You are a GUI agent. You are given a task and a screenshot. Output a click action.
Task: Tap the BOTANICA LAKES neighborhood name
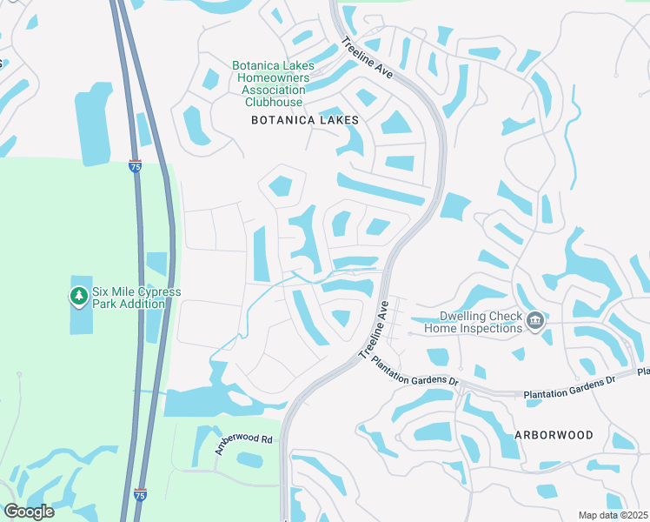(304, 120)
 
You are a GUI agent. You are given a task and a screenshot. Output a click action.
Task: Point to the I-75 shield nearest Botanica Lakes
(135, 166)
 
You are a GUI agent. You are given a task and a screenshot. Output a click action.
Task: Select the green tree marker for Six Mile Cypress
(79, 297)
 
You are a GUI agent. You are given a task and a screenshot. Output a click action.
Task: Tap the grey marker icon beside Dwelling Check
(536, 323)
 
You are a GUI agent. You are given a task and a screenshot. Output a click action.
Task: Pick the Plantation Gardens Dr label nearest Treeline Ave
(414, 370)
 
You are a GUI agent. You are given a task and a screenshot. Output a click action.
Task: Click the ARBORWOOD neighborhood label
(554, 434)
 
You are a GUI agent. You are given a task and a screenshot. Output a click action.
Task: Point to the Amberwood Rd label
(244, 445)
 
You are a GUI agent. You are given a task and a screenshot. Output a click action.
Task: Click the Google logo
(30, 512)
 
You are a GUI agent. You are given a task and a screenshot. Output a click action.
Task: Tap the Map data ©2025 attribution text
(613, 515)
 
